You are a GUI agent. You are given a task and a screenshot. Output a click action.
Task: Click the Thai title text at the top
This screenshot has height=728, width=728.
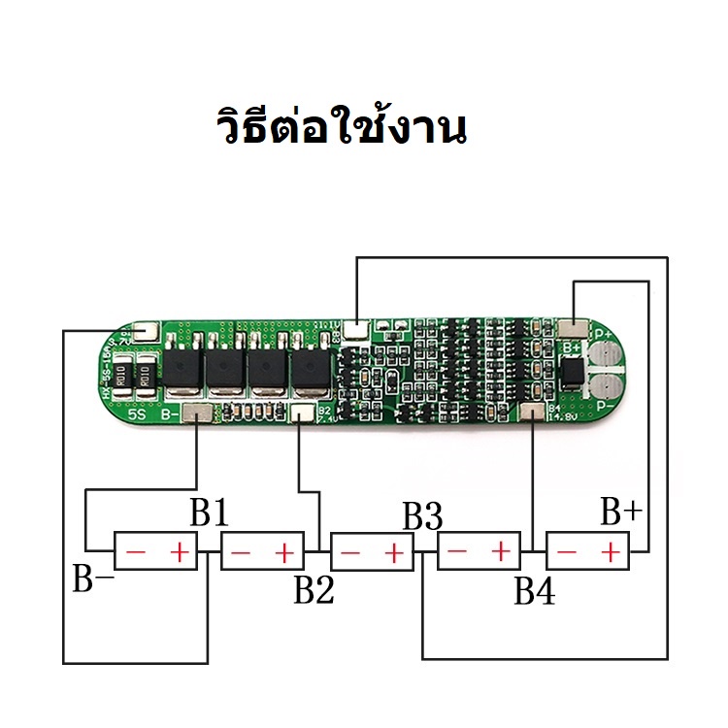340,129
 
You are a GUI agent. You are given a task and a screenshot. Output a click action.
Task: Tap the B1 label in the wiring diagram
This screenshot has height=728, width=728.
209,513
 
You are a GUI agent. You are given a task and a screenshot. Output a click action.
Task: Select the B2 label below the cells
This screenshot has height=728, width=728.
314,588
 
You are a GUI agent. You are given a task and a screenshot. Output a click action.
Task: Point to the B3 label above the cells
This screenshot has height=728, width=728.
422,516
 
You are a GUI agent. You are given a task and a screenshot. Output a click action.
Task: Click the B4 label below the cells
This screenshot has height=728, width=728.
535,589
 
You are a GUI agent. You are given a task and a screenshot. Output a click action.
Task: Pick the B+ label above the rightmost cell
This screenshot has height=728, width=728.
620,511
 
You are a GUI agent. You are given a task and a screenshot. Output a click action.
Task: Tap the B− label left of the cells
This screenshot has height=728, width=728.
93,579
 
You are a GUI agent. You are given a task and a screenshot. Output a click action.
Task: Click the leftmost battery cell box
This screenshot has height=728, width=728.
156,552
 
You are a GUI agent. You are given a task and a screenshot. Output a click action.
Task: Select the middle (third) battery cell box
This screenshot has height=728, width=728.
372,553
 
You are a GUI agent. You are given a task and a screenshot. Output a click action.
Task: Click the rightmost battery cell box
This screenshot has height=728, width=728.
588,553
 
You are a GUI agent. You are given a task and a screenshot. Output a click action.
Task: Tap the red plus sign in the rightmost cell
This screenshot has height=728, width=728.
610,553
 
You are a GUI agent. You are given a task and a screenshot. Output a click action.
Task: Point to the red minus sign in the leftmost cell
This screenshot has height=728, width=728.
136,553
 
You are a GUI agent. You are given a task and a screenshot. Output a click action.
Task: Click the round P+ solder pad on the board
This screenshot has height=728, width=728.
607,351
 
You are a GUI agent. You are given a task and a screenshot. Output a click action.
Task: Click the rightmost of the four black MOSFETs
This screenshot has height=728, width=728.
312,369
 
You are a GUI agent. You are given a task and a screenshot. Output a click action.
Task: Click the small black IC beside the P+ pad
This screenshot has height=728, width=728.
572,370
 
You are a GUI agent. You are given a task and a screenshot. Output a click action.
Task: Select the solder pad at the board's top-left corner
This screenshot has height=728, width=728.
145,332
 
